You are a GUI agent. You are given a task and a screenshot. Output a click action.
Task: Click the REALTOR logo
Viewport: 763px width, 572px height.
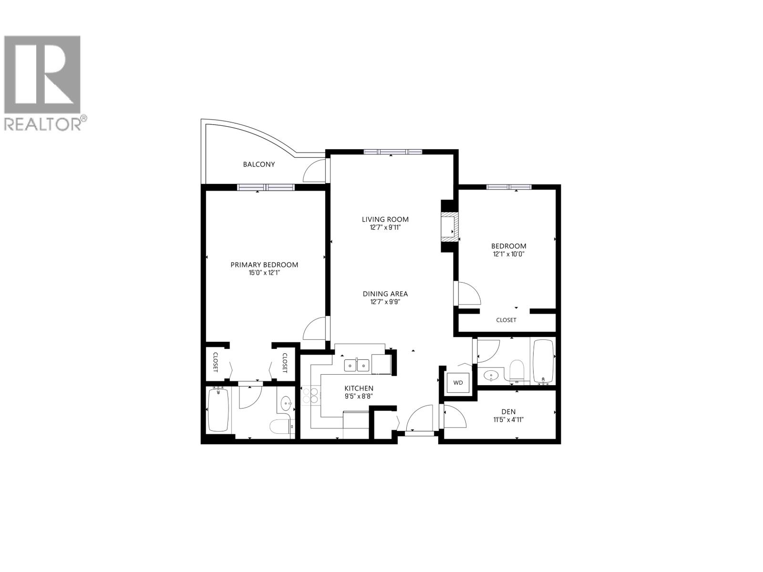point(45,81)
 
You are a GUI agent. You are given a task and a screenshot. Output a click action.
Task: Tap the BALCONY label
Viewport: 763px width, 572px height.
point(259,164)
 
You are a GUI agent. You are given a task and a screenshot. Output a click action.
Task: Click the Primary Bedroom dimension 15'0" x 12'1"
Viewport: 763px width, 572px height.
point(264,273)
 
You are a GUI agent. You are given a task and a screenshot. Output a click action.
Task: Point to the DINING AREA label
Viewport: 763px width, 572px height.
point(385,294)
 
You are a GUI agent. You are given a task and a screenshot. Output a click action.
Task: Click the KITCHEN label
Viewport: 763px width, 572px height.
point(359,388)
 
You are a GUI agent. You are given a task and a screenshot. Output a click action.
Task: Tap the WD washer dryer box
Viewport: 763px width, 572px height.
point(458,382)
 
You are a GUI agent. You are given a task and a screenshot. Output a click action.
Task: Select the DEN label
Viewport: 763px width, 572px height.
point(508,412)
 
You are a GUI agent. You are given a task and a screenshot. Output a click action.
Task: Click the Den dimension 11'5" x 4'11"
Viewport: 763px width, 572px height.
point(508,420)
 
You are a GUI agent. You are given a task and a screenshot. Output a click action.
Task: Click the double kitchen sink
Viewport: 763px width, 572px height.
point(357,366)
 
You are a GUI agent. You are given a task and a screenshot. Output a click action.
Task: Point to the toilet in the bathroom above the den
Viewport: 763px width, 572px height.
point(516,370)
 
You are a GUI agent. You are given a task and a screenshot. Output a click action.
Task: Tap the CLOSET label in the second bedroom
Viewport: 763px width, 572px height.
point(506,320)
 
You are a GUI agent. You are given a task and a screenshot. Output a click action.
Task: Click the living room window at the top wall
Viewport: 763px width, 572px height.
point(392,152)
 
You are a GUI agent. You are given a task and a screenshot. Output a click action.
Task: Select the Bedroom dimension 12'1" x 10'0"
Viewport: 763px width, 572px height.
point(509,254)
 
